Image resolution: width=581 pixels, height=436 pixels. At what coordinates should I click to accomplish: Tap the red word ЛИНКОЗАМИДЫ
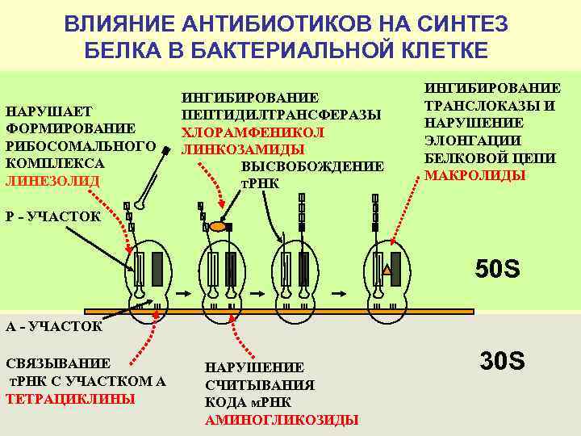pyautogui.click(x=231, y=149)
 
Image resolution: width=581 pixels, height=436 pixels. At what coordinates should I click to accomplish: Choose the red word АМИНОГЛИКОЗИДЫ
pyautogui.click(x=282, y=420)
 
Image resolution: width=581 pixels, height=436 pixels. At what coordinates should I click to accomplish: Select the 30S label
pyautogui.click(x=502, y=360)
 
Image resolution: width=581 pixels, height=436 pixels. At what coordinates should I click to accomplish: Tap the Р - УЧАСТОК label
pyautogui.click(x=53, y=216)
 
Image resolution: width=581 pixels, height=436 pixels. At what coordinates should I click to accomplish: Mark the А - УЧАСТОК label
pyautogui.click(x=53, y=326)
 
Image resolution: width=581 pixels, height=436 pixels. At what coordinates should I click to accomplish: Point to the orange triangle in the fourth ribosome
pyautogui.click(x=387, y=270)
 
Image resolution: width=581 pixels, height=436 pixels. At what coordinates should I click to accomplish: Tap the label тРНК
pyautogui.click(x=260, y=183)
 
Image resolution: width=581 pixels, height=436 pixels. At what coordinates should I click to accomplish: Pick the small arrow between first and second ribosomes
pyautogui.click(x=182, y=288)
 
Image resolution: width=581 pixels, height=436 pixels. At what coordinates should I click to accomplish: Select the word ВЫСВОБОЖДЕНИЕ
pyautogui.click(x=312, y=166)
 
